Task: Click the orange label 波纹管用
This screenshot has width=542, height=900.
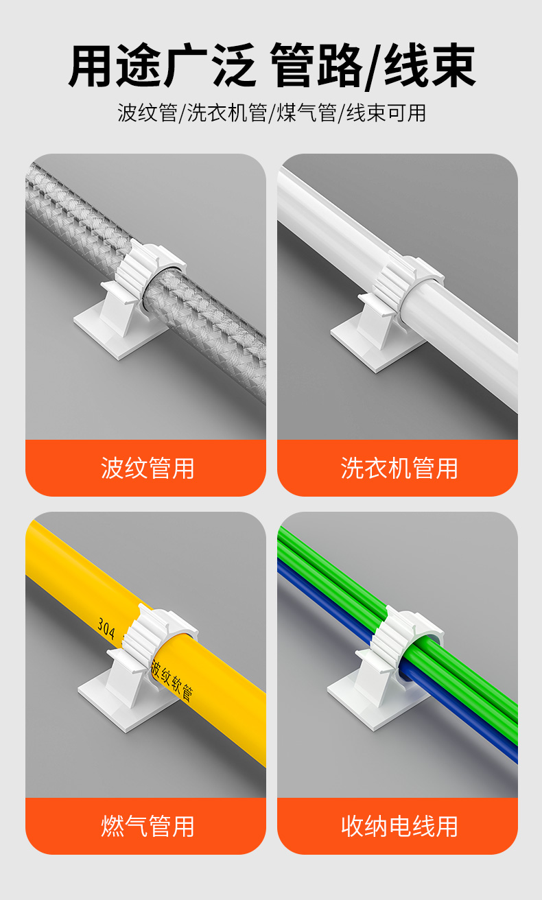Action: (148, 468)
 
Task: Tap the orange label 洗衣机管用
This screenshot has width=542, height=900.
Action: (399, 468)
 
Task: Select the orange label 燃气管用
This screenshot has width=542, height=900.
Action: (148, 826)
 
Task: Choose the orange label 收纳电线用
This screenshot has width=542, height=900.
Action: (399, 826)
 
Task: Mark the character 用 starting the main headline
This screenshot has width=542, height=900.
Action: (91, 65)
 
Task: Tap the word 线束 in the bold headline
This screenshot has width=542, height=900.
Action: (429, 65)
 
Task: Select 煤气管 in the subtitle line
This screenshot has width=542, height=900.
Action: (307, 113)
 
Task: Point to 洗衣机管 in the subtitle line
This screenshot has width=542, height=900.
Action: (227, 113)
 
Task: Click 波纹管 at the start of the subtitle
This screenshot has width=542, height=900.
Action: (148, 113)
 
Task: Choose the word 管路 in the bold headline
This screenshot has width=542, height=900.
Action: (318, 65)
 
